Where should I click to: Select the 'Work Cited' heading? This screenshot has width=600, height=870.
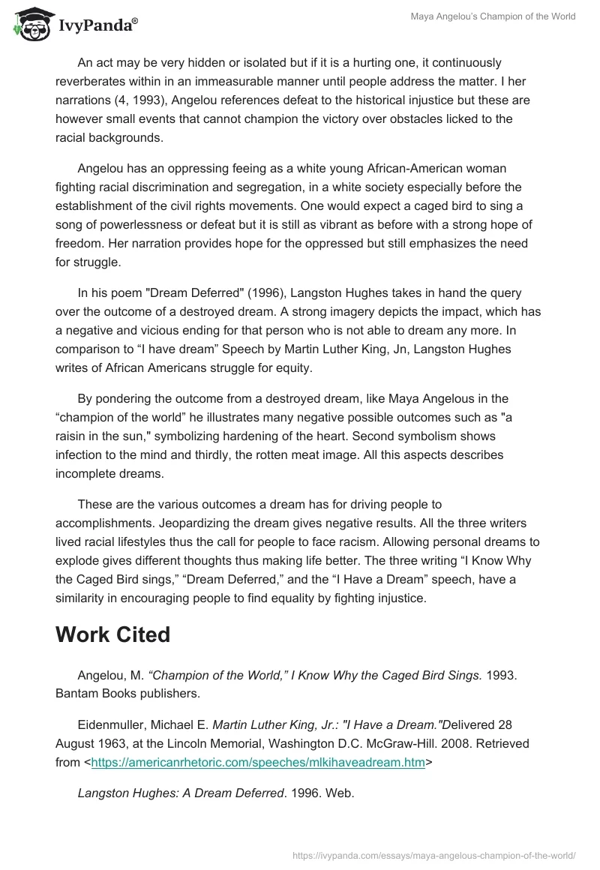pyautogui.click(x=112, y=634)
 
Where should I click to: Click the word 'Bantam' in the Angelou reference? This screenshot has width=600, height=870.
pyautogui.click(x=74, y=694)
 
